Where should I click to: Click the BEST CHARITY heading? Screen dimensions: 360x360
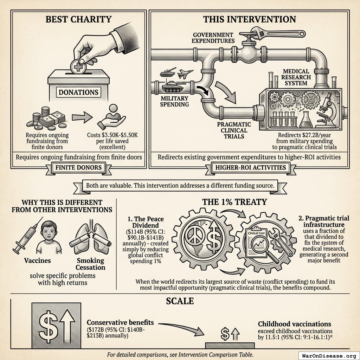[x=79, y=19]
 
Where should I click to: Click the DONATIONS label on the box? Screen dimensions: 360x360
[x=78, y=92]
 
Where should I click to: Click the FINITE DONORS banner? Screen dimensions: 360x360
[x=78, y=167]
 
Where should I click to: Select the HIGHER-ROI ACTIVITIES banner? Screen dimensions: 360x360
[x=250, y=167]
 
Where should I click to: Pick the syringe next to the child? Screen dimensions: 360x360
[x=25, y=236]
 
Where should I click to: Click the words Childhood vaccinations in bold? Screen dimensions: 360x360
[x=294, y=324]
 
